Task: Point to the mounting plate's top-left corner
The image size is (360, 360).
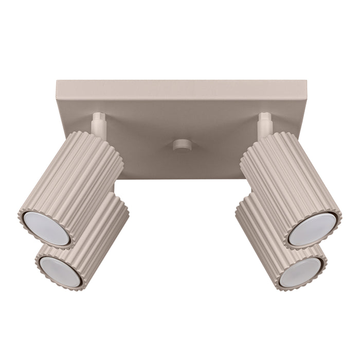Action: point(56,81)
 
